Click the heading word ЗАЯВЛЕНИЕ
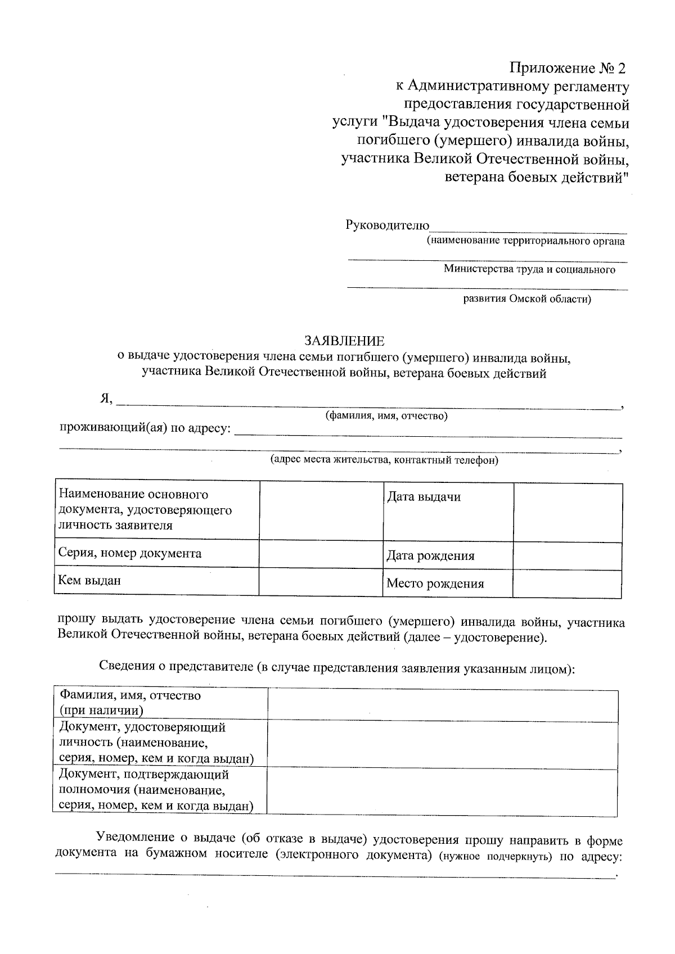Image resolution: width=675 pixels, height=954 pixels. coord(344,341)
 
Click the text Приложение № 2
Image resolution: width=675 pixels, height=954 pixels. coord(567,69)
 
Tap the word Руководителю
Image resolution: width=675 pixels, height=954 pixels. coord(387,225)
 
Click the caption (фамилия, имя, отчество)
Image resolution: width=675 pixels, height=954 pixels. coord(386,416)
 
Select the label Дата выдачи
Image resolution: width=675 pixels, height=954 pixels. coord(424,497)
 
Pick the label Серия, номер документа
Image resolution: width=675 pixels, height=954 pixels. coord(130,553)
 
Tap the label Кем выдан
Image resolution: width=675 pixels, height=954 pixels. coord(89,580)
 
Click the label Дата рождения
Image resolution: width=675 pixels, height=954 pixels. coord(430,556)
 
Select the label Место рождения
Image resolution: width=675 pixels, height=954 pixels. coord(435,584)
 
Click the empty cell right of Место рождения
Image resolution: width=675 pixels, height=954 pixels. coord(567,584)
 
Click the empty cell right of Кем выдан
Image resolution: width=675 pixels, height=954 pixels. coord(321,581)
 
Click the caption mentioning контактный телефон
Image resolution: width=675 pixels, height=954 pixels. coord(384,460)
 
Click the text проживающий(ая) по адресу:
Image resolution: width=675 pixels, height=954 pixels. coord(145,428)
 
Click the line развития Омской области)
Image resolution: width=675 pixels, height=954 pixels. coord(527,299)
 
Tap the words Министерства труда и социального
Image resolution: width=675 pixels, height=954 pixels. coord(529,269)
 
